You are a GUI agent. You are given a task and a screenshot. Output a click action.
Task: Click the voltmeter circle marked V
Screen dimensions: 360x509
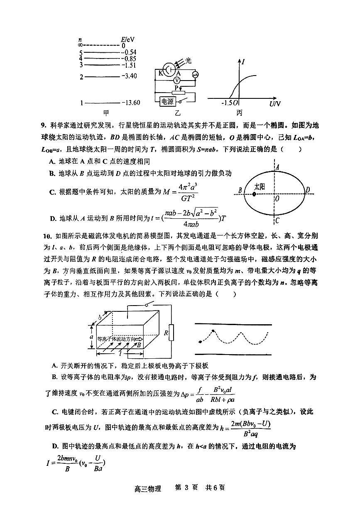pos(177,80)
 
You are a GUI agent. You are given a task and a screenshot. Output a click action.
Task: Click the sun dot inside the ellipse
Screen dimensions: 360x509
pos(254,194)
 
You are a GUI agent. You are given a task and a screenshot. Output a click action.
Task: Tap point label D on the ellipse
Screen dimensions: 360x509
pos(307,190)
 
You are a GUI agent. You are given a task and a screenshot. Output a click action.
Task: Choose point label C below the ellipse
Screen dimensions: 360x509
pos(277,220)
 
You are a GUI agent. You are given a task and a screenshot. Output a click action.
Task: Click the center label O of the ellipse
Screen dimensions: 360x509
pos(277,199)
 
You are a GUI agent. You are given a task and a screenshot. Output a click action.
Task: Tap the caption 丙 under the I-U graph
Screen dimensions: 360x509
pos(240,113)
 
